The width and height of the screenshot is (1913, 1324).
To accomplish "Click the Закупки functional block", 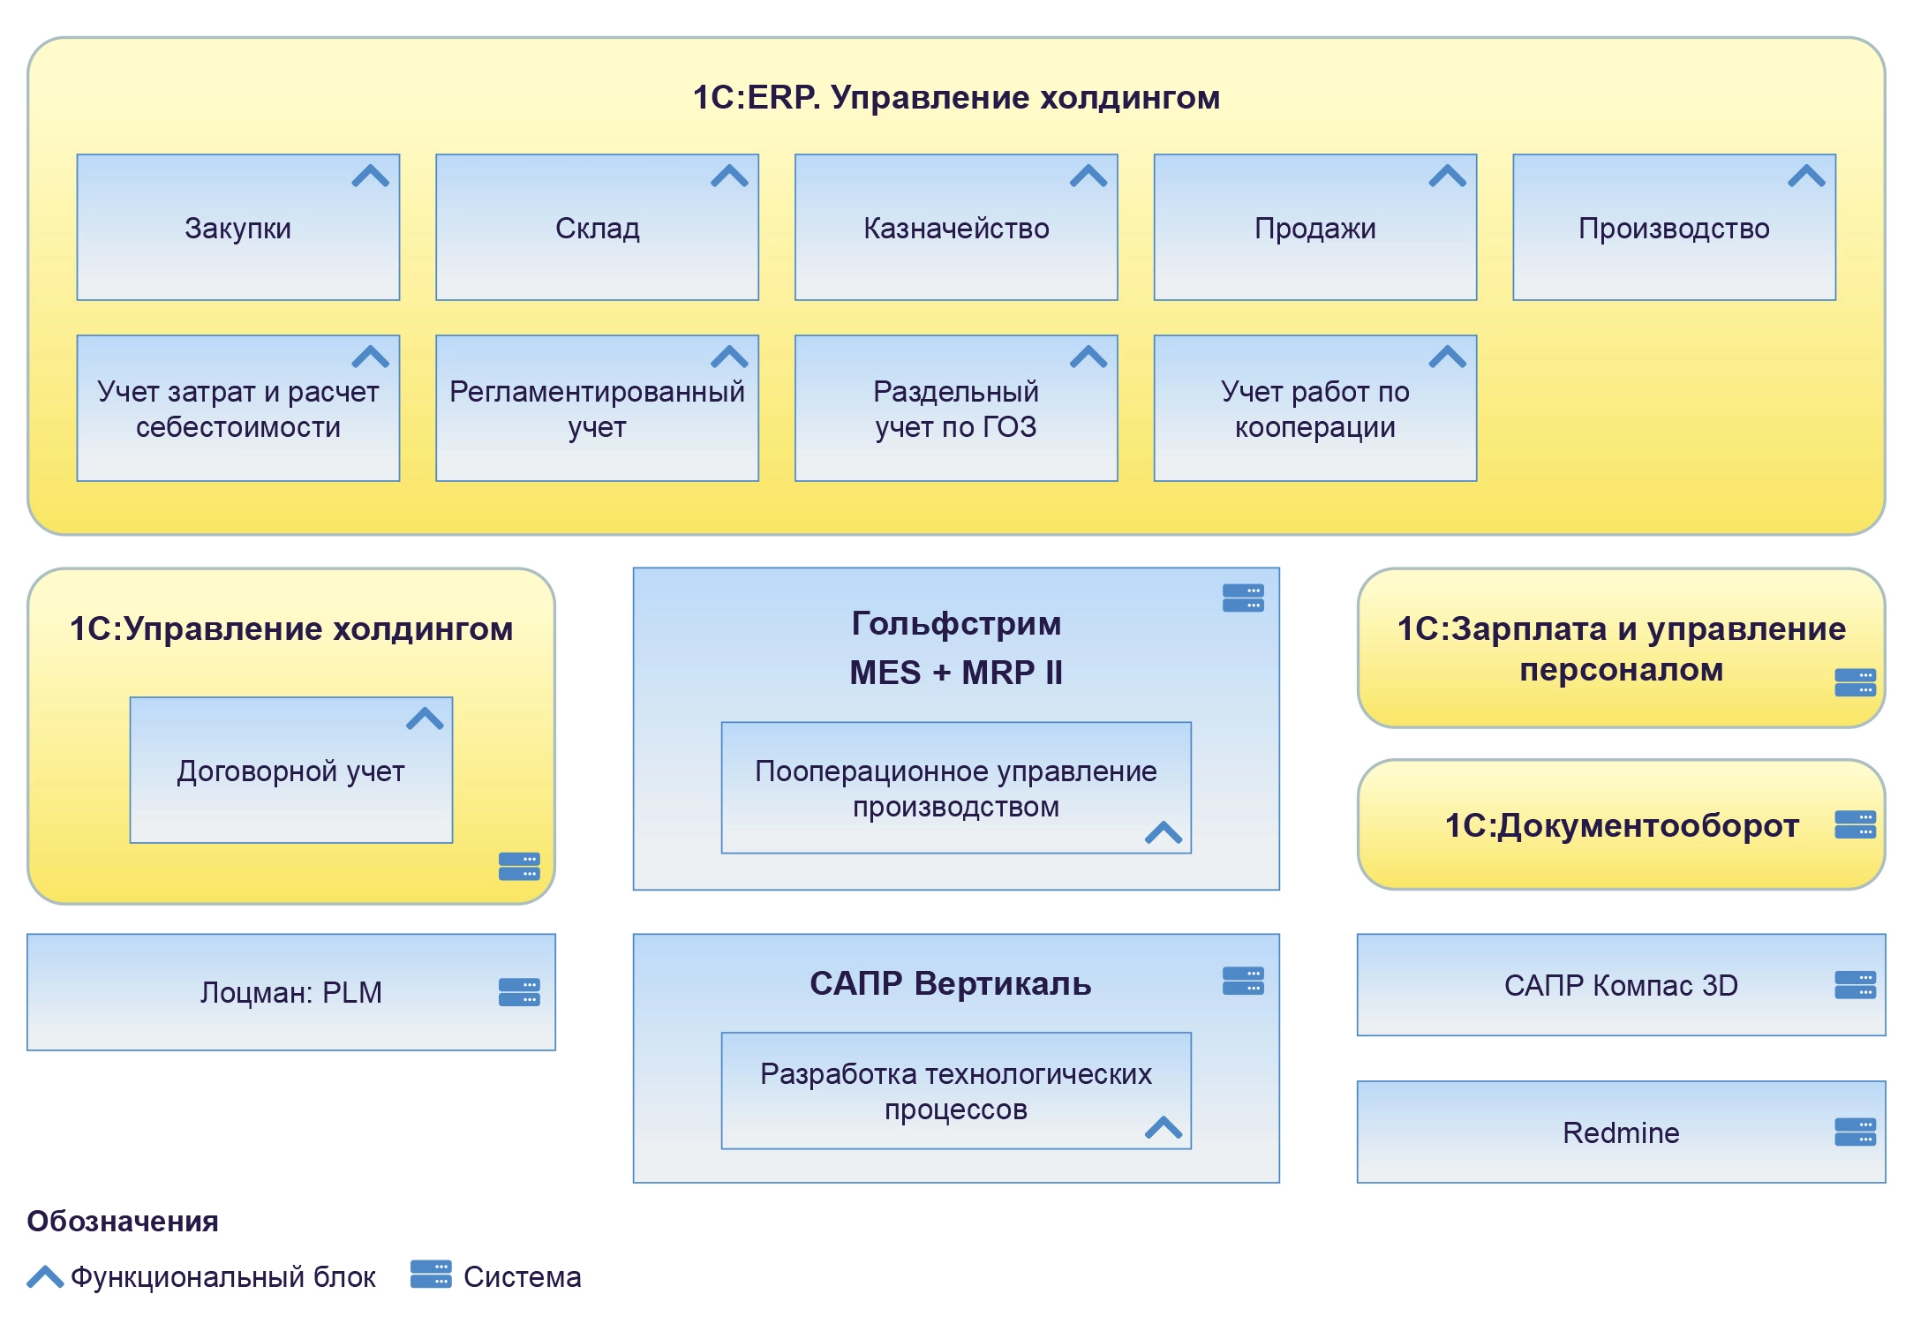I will point(237,228).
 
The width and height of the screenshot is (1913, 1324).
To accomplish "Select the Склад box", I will point(597,228).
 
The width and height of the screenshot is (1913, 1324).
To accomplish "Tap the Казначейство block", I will point(956,228).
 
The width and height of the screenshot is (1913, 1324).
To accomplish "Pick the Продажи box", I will point(1314,228).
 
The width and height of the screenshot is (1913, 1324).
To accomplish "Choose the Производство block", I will point(1674,228).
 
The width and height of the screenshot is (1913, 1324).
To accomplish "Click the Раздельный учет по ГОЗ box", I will point(956,409).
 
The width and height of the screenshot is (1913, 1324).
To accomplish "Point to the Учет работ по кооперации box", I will point(1314,409).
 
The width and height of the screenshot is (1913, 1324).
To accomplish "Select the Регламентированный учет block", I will point(597,409).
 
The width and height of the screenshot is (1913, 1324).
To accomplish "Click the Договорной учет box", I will point(290,771).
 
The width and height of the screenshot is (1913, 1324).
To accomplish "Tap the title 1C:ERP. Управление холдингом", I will point(956,97).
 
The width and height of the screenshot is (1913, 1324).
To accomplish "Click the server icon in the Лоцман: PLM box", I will point(519,992).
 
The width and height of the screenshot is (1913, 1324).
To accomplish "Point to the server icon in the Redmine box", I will point(1855,1132).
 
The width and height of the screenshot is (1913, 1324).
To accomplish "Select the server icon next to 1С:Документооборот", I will point(1855,824).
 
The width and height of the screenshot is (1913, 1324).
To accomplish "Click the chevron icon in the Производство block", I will point(1806,177).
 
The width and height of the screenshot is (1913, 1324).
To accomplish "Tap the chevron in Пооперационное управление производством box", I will point(1163,832).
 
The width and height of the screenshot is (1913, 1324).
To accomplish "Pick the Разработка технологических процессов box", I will point(956,1091).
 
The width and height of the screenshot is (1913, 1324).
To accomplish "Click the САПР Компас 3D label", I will point(1621,985).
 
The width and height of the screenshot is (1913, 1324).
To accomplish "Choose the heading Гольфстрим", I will point(956,623).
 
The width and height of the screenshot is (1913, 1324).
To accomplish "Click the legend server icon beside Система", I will point(431,1275).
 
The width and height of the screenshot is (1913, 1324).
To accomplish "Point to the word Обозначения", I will point(123,1221).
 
